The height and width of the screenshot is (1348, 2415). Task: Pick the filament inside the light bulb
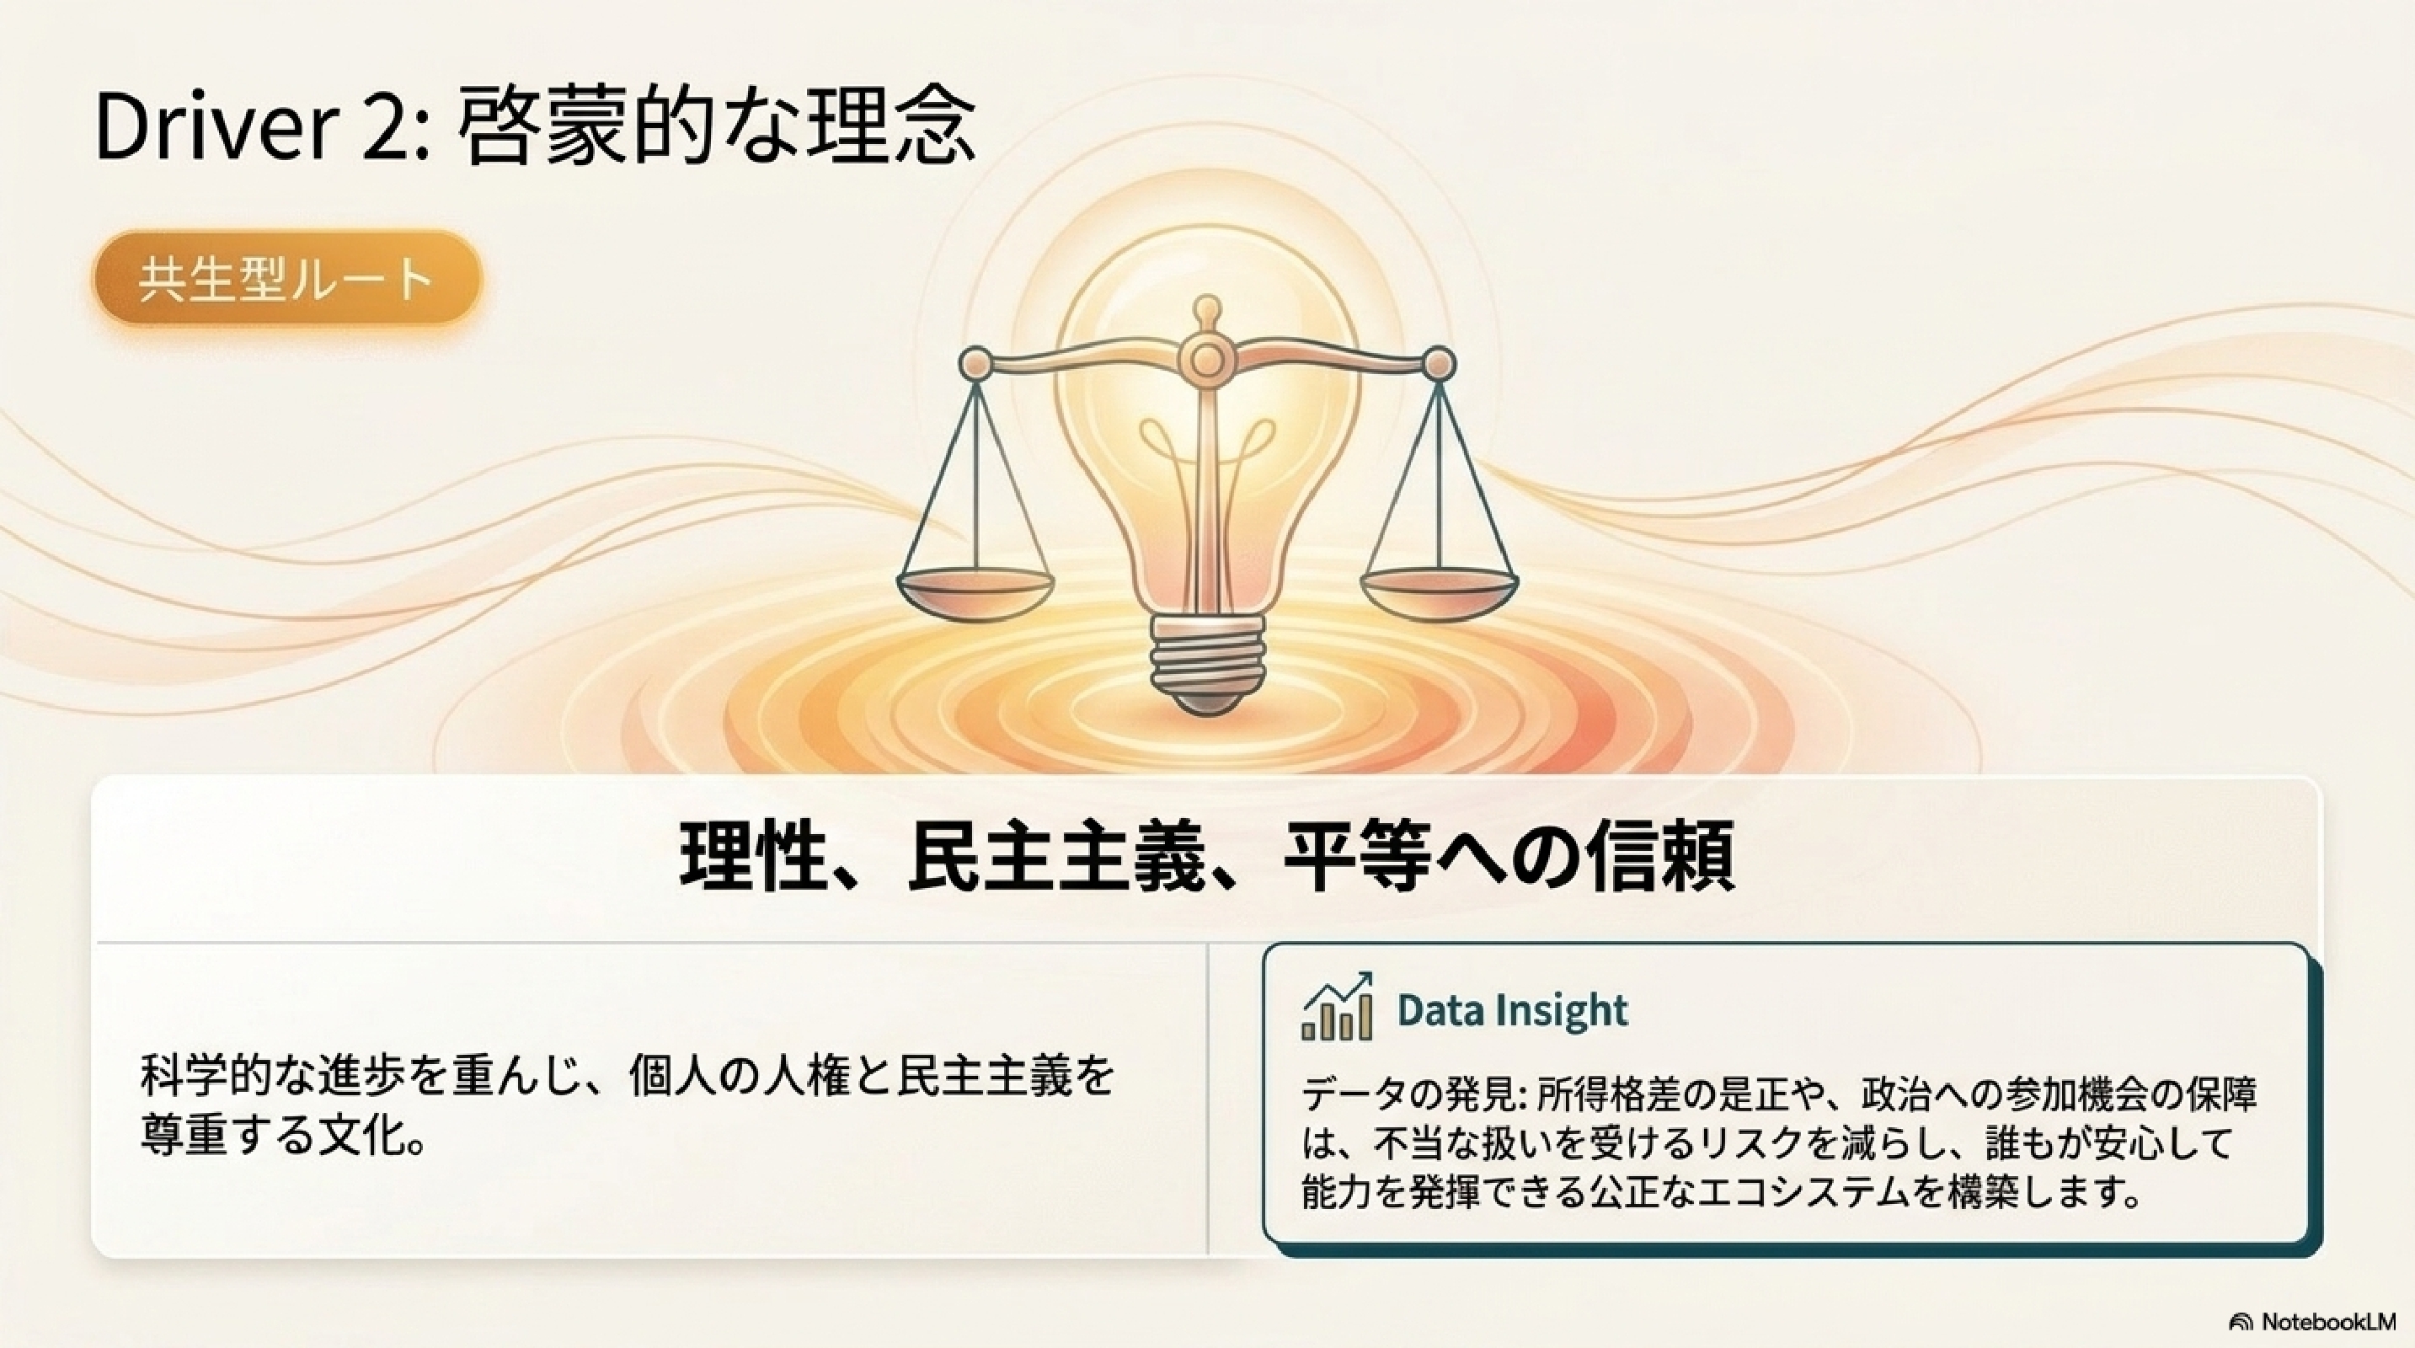pyautogui.click(x=1208, y=468)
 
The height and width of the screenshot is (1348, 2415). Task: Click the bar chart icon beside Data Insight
pyautogui.click(x=1338, y=1006)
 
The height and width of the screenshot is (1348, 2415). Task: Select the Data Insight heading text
pyautogui.click(x=1512, y=1009)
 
